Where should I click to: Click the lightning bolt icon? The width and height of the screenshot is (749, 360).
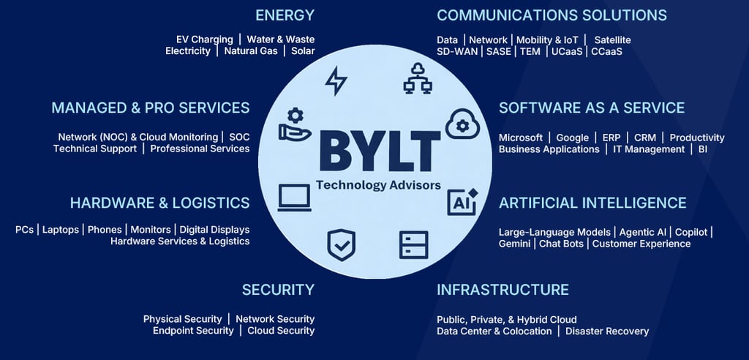(336, 80)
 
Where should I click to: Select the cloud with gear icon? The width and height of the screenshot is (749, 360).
(462, 124)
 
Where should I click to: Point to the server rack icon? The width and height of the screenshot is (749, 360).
(413, 244)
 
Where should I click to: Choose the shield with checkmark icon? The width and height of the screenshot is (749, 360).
(341, 245)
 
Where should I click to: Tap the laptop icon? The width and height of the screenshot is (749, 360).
(294, 198)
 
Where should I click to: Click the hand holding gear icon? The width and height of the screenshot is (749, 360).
(295, 125)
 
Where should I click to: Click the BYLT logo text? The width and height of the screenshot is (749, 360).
(380, 151)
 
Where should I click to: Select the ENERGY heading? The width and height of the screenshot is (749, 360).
(285, 15)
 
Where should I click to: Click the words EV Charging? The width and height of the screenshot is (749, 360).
(205, 40)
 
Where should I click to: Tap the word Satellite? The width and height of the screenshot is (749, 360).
(612, 40)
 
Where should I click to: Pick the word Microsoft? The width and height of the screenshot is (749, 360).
(521, 138)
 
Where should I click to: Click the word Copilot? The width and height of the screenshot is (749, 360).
(691, 232)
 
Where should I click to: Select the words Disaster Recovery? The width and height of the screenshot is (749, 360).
(607, 331)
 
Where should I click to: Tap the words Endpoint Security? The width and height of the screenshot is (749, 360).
(193, 331)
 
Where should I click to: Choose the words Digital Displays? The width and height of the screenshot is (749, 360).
(214, 230)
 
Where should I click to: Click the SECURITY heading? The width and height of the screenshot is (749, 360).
(278, 290)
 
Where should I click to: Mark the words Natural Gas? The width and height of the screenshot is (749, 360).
(251, 51)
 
